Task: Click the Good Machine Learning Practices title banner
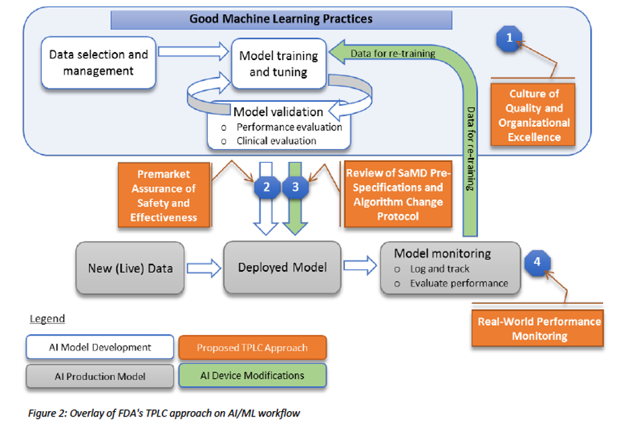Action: point(281,19)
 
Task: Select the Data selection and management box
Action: point(99,63)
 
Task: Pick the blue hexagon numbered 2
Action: point(267,187)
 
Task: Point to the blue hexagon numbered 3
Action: point(295,187)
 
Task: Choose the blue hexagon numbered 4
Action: point(537,261)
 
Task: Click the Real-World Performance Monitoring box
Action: point(539,329)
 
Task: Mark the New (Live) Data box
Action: point(130,268)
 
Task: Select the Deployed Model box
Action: point(282,267)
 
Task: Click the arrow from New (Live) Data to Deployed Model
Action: point(204,268)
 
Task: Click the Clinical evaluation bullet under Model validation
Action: point(276,141)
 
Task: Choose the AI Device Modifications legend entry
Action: point(253,375)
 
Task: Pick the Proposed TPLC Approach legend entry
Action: point(252,348)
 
